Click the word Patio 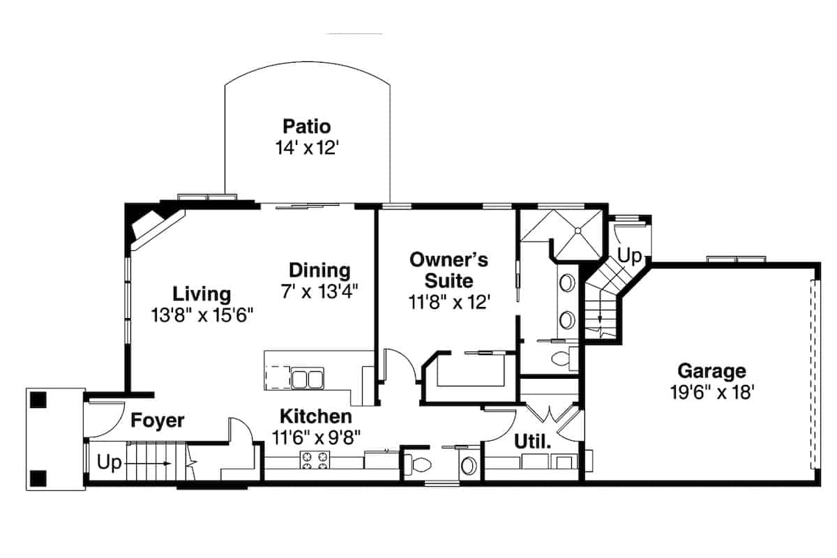click(306, 127)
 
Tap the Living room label click(202, 294)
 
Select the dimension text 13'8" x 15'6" click(202, 315)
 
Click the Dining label click(319, 270)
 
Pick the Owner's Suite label click(448, 271)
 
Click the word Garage click(711, 371)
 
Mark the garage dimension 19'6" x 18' click(711, 392)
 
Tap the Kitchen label click(316, 417)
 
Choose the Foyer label click(158, 421)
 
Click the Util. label click(533, 442)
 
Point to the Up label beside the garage click(629, 256)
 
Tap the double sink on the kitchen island click(306, 379)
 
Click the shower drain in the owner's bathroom click(578, 229)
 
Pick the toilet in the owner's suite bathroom click(561, 359)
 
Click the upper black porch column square click(38, 400)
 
